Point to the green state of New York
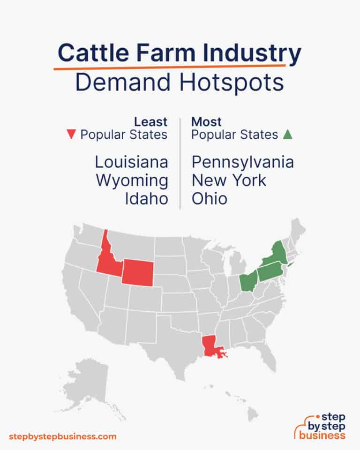click(277, 254)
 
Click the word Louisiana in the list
click(131, 162)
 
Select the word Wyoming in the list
click(132, 180)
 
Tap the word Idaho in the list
click(146, 198)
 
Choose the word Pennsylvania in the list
click(242, 162)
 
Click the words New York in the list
click(229, 180)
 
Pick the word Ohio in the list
click(210, 198)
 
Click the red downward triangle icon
click(71, 135)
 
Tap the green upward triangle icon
click(288, 135)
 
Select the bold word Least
click(151, 122)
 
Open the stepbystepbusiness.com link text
click(62, 436)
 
